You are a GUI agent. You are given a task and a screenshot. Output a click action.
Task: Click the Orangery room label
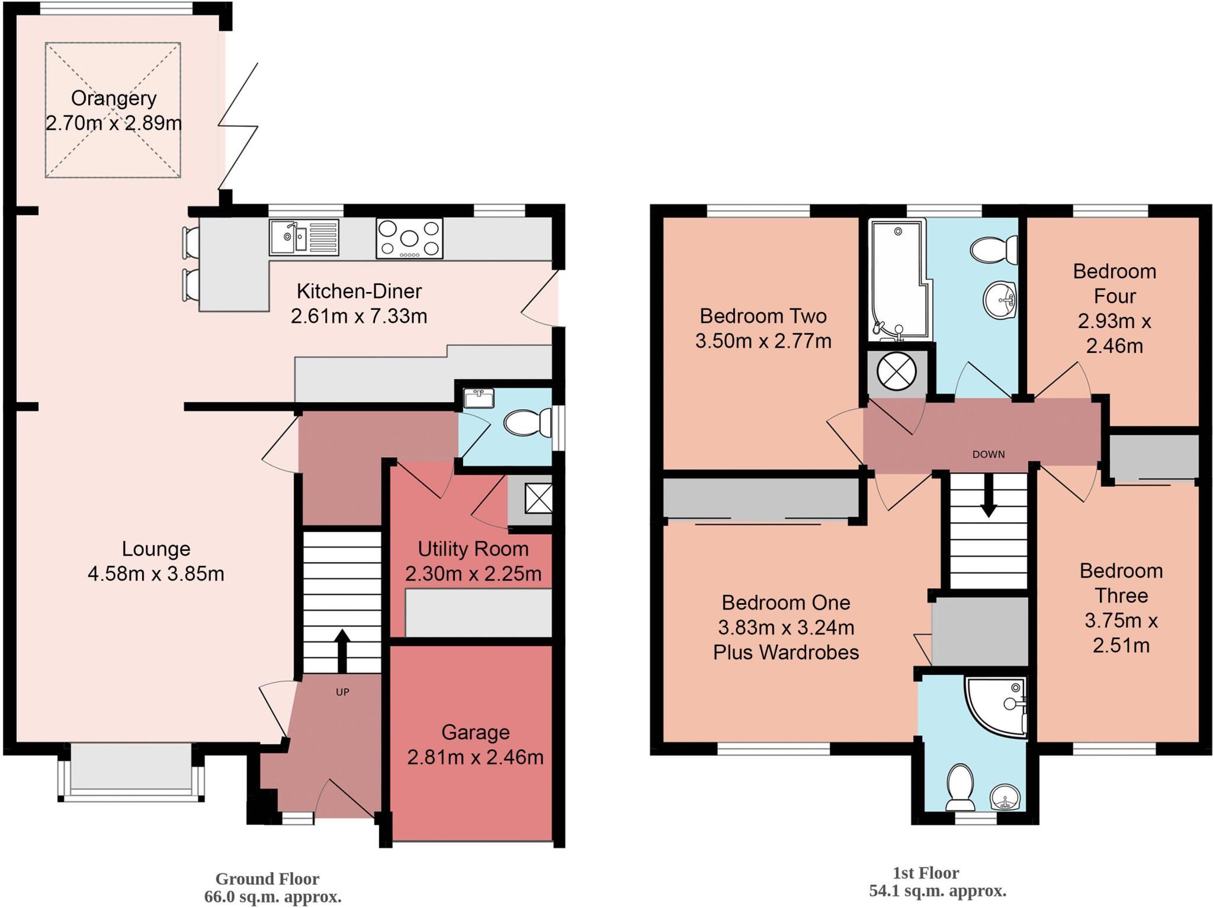point(114,98)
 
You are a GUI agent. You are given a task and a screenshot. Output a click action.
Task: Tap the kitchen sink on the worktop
point(303,237)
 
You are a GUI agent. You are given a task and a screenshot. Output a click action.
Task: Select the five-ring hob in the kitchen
point(409,238)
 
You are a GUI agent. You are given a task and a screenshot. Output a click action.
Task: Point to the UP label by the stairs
point(342,692)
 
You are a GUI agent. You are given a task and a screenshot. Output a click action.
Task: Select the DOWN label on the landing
point(989,454)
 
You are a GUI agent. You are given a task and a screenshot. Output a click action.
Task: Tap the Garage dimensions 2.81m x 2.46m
point(475,757)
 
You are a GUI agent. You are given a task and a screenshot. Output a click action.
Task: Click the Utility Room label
point(473,549)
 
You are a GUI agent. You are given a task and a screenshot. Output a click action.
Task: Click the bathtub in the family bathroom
point(896,278)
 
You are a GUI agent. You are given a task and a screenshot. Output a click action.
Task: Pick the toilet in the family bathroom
point(995,249)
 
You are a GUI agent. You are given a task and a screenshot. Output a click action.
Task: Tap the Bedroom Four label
point(1114,283)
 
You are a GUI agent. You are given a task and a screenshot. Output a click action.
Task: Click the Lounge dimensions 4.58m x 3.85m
point(156,574)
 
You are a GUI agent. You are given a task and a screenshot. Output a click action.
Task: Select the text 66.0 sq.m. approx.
point(272,897)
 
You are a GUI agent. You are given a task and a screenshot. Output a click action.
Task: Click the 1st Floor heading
point(926,873)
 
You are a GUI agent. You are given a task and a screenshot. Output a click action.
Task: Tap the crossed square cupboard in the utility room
point(538,498)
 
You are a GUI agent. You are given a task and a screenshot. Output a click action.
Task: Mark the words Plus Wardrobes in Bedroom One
point(786,652)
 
